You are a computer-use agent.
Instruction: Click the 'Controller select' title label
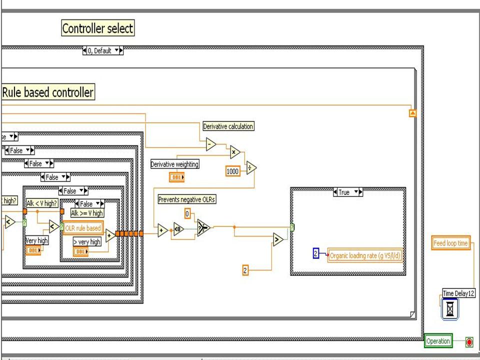pyautogui.click(x=97, y=28)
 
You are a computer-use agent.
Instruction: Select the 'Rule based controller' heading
pyautogui.click(x=48, y=92)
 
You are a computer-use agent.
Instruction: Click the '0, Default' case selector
pyautogui.click(x=102, y=51)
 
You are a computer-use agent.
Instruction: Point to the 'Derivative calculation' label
pyautogui.click(x=228, y=127)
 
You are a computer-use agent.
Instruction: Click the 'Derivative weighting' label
pyautogui.click(x=175, y=164)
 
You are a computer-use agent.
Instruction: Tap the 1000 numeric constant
pyautogui.click(x=233, y=171)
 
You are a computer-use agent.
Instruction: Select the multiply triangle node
pyautogui.click(x=234, y=152)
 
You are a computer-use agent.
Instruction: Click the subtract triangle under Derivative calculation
pyautogui.click(x=211, y=144)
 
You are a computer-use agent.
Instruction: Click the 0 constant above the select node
pyautogui.click(x=187, y=214)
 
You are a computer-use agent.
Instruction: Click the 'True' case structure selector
pyautogui.click(x=347, y=192)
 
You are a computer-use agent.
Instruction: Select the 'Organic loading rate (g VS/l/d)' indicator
pyautogui.click(x=365, y=255)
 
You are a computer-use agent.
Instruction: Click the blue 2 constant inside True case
pyautogui.click(x=316, y=254)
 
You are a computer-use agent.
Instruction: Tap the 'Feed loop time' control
pyautogui.click(x=451, y=243)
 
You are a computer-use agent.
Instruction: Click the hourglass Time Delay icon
pyautogui.click(x=450, y=309)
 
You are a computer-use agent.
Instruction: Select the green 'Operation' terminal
pyautogui.click(x=438, y=341)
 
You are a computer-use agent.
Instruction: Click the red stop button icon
pyautogui.click(x=469, y=342)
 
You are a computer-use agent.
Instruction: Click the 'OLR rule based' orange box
pyautogui.click(x=83, y=228)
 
